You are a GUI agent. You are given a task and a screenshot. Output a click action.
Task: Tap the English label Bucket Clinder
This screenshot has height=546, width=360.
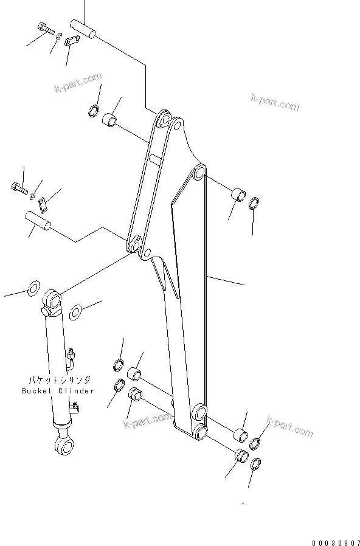click(x=58, y=390)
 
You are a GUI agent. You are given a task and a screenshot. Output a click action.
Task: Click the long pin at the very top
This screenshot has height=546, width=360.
click(x=83, y=30)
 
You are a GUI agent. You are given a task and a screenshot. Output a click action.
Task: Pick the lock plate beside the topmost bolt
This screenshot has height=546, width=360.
click(x=74, y=41)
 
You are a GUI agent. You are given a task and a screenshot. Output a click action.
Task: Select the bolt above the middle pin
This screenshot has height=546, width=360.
click(x=19, y=188)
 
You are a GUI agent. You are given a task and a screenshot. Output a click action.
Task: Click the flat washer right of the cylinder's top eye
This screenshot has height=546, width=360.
click(x=76, y=313)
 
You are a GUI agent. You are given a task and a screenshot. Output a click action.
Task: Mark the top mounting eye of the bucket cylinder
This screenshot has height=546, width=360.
click(x=52, y=300)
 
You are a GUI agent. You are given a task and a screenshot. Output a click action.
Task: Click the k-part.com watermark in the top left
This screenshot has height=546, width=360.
click(x=77, y=83)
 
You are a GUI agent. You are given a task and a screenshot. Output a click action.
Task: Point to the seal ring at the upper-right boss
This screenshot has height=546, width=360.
click(x=256, y=202)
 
